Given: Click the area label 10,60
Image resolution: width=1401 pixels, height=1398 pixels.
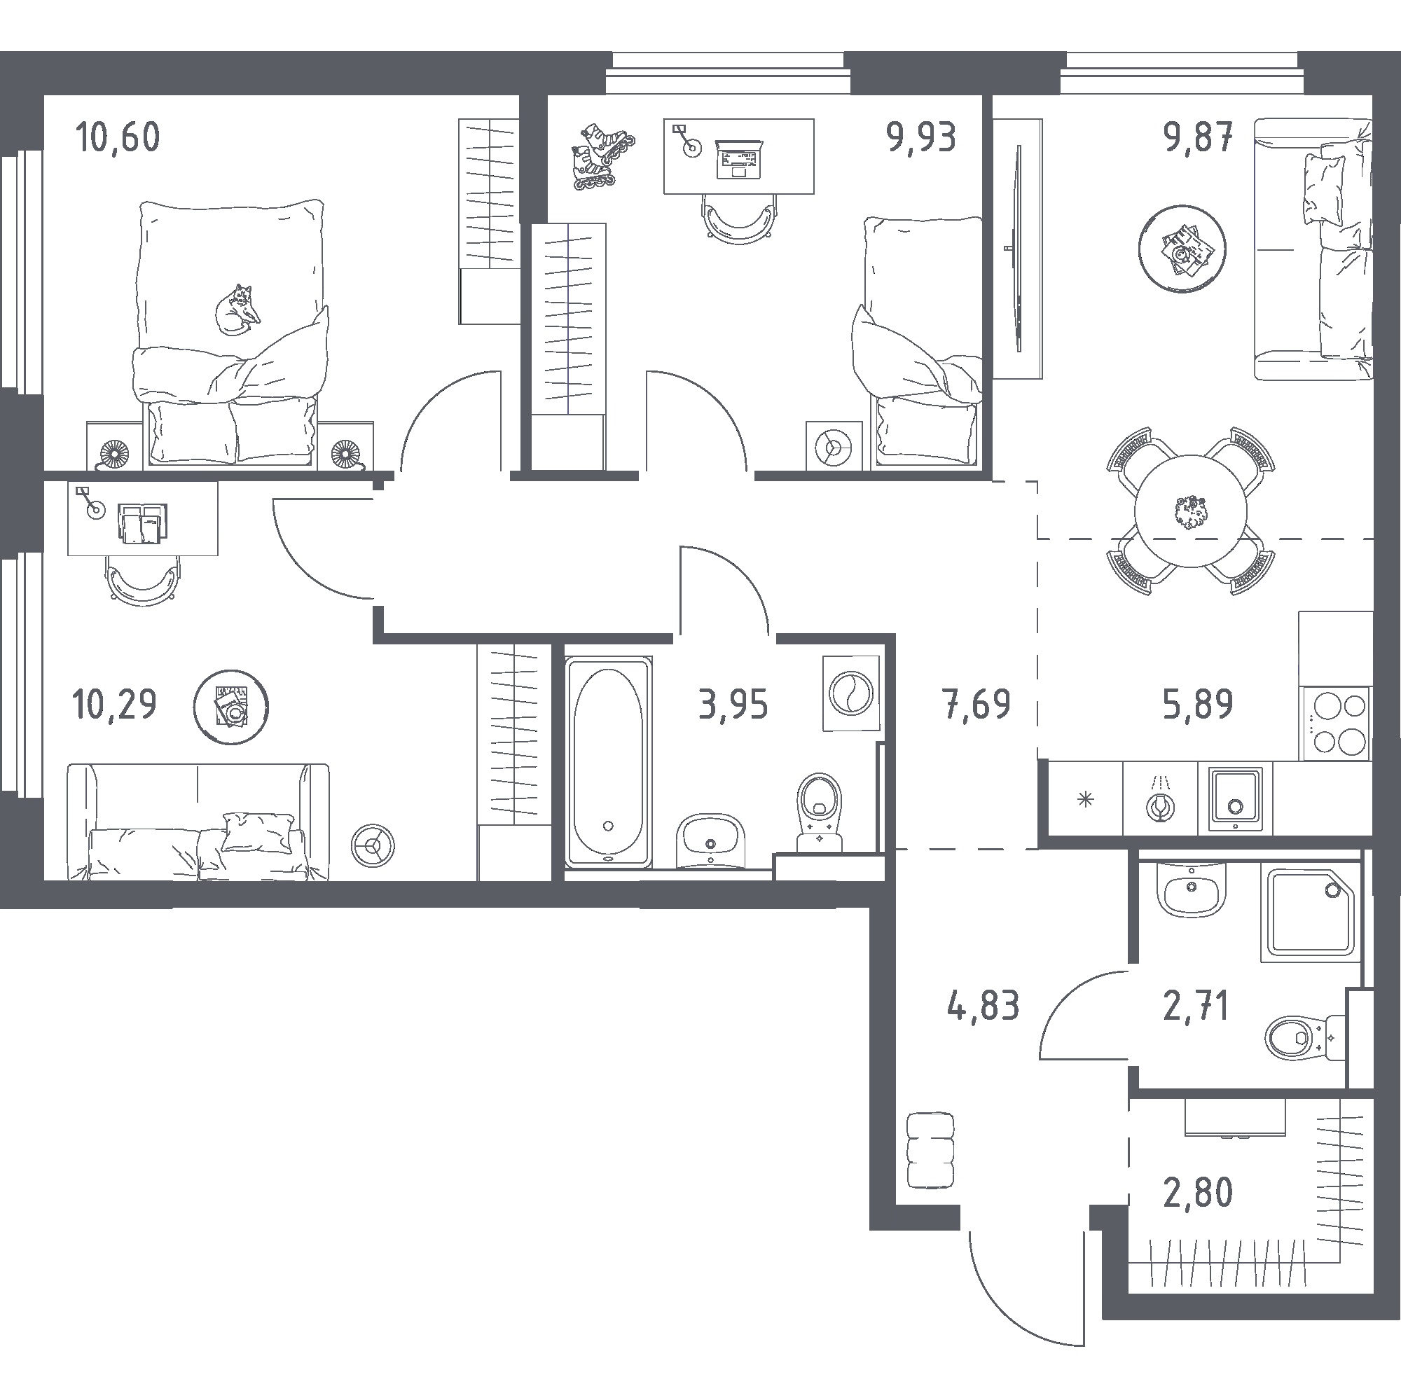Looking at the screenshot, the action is pyautogui.click(x=118, y=137).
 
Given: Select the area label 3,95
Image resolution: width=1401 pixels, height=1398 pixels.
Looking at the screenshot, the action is pyautogui.click(x=733, y=704).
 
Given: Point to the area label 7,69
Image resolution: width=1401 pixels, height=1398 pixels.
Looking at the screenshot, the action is pyautogui.click(x=976, y=704).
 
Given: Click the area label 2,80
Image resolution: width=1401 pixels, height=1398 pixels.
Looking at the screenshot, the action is pyautogui.click(x=1197, y=1193).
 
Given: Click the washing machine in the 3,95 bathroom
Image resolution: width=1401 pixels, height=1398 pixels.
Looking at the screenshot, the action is pyautogui.click(x=851, y=693).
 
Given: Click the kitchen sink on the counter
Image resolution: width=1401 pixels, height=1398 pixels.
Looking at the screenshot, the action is pyautogui.click(x=1235, y=799).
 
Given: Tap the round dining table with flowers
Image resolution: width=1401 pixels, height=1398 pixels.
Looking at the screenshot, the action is pyautogui.click(x=1191, y=511).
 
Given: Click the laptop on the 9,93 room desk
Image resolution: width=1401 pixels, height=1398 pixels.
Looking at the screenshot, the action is pyautogui.click(x=739, y=159).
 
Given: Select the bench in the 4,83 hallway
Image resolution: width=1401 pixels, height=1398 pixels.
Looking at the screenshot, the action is pyautogui.click(x=930, y=1161).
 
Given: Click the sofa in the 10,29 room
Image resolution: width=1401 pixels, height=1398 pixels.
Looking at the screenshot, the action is pyautogui.click(x=198, y=822).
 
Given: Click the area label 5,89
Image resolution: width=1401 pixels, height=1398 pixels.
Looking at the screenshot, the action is pyautogui.click(x=1197, y=704).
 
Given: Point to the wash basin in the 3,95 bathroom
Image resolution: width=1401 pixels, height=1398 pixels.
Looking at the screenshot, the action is pyautogui.click(x=710, y=841).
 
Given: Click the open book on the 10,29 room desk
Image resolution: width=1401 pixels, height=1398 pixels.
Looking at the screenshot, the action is pyautogui.click(x=143, y=523).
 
